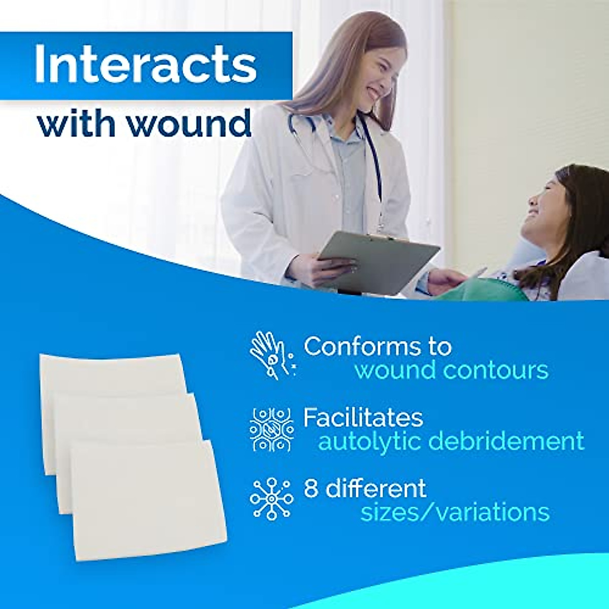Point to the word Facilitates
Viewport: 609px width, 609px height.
click(363, 418)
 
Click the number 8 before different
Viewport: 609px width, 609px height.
click(311, 489)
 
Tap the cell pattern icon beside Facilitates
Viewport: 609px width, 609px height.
click(272, 430)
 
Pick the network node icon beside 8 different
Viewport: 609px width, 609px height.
click(272, 499)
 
